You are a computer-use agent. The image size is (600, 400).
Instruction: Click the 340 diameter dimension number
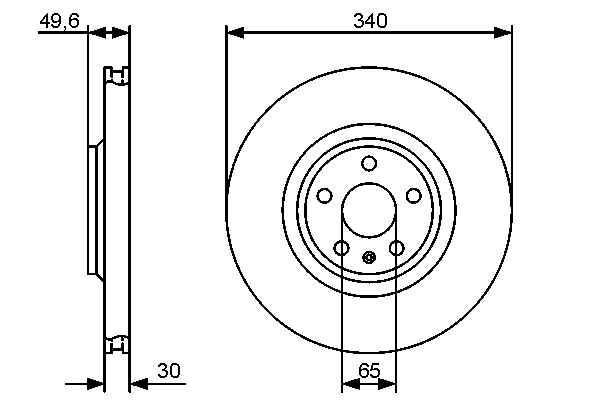(x=369, y=19)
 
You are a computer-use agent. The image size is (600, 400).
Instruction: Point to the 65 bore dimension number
(x=369, y=371)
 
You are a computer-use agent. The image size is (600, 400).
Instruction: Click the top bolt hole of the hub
(x=369, y=164)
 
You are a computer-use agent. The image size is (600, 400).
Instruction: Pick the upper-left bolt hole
(x=323, y=196)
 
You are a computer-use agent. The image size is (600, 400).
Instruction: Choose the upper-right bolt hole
(x=415, y=196)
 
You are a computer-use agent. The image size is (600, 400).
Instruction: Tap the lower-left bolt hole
(x=341, y=248)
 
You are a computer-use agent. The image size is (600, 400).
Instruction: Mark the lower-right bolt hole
(x=397, y=248)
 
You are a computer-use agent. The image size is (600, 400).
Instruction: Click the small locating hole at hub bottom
(x=369, y=257)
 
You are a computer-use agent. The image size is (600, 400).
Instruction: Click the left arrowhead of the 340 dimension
(x=234, y=33)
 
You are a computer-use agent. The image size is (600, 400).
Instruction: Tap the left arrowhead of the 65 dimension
(x=347, y=383)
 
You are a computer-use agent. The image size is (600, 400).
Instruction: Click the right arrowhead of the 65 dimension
(x=391, y=383)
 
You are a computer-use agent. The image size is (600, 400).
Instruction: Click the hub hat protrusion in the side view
(x=94, y=211)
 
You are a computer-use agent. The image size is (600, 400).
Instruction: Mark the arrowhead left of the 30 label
(x=137, y=383)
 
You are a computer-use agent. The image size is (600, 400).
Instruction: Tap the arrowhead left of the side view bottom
(x=97, y=383)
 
